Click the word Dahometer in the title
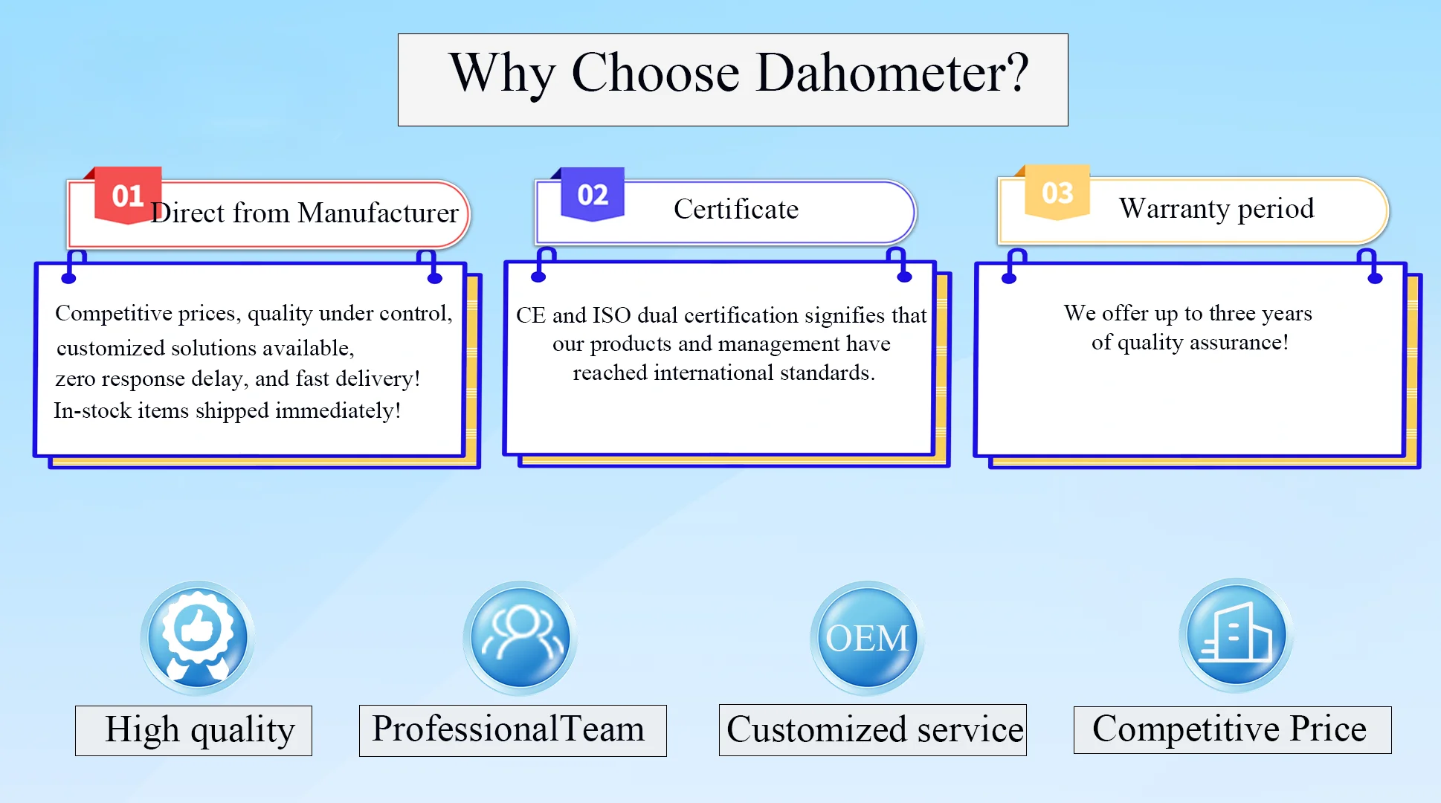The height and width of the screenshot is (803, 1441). pos(892,74)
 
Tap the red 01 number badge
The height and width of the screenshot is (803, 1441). pos(127,196)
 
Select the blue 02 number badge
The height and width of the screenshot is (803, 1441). pos(593,195)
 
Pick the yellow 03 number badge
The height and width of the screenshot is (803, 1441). pos(1057,193)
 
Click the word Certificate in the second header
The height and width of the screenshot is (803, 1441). pos(735,210)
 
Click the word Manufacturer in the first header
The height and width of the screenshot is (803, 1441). pos(378,213)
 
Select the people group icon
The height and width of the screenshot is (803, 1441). pos(520,637)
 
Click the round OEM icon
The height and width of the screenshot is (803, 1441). pos(867,637)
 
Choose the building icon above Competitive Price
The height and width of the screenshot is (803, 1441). pos(1236,634)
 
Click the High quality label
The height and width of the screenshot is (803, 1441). pos(199,730)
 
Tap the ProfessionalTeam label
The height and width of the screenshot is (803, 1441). pos(508,729)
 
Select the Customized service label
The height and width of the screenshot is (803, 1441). pos(874,730)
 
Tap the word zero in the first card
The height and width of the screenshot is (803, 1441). pos(75,379)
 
